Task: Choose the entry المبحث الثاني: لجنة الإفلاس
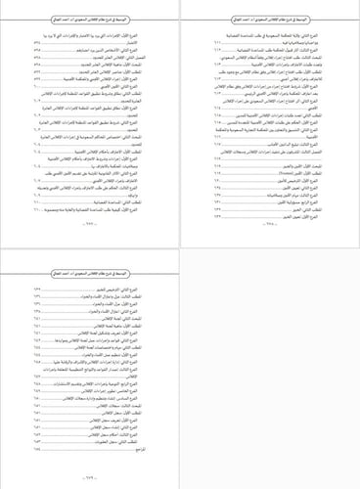point(146,318)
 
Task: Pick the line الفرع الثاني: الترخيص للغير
point(137,290)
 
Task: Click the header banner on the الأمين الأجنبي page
point(90,21)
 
